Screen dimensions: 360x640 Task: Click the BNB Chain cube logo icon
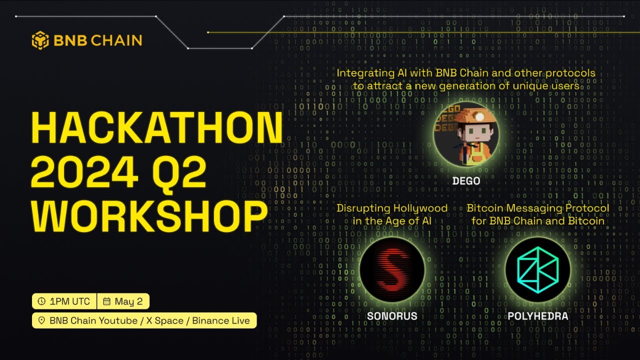click(40, 40)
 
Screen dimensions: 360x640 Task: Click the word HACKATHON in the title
click(157, 129)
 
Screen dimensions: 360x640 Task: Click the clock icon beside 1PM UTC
click(41, 301)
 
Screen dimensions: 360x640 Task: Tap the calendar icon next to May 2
click(106, 301)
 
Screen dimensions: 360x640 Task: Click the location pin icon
click(41, 320)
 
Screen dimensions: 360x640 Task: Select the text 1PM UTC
click(69, 301)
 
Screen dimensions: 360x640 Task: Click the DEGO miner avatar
click(466, 135)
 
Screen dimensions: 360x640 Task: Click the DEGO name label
click(466, 181)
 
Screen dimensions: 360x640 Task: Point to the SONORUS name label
click(392, 316)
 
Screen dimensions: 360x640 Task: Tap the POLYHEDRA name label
click(537, 316)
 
